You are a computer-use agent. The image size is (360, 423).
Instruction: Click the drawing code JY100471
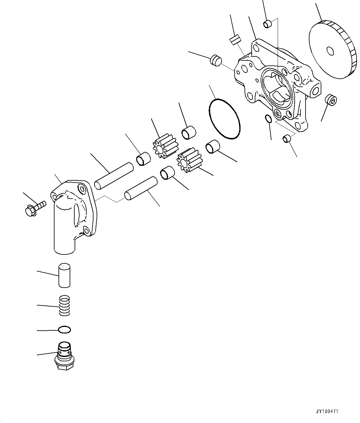(x=327, y=412)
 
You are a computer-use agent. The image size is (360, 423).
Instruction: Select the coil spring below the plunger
(x=64, y=306)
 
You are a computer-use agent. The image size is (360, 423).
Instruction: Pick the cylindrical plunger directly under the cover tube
(x=64, y=275)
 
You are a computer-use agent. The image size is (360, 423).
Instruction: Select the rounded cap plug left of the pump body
(x=215, y=60)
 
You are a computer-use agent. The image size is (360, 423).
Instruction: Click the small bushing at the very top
(x=267, y=24)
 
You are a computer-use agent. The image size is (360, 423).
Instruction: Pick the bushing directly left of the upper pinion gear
(x=144, y=158)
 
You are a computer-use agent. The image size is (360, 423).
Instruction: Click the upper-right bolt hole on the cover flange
(x=81, y=187)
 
